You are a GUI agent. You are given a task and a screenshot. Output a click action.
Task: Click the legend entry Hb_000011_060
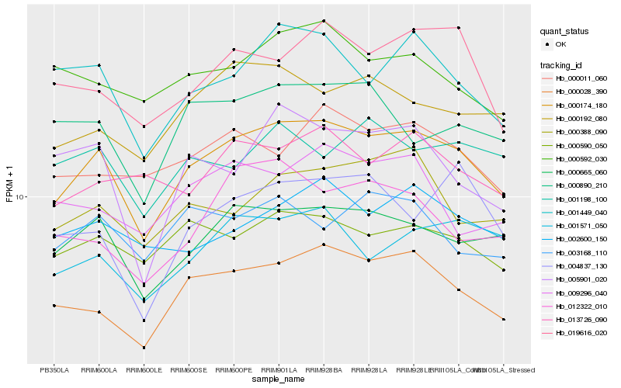pos(581,78)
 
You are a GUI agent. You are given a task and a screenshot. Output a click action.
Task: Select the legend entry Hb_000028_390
pos(581,92)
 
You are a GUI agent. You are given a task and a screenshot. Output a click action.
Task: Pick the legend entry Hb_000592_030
pos(581,158)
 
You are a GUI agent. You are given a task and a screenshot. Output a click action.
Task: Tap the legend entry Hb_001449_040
pos(581,212)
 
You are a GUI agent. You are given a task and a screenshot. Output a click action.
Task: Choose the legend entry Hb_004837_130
pos(581,265)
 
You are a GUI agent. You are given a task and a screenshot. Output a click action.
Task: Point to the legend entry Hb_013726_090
pos(581,319)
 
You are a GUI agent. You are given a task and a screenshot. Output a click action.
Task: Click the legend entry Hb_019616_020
pos(581,333)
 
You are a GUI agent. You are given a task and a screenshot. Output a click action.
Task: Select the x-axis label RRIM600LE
pos(144,370)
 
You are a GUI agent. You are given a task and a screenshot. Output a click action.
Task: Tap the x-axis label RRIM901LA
pos(279,370)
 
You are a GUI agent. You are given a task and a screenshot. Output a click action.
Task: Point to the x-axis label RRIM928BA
pos(324,370)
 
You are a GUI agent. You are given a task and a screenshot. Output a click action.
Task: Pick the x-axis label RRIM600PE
pos(234,370)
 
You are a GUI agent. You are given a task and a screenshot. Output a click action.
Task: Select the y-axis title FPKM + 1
pos(9,184)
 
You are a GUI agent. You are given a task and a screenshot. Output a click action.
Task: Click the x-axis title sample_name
pos(279,380)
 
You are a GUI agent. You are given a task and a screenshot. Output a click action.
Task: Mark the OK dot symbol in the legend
pos(549,44)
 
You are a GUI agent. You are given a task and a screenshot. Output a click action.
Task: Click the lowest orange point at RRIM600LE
pos(144,348)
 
